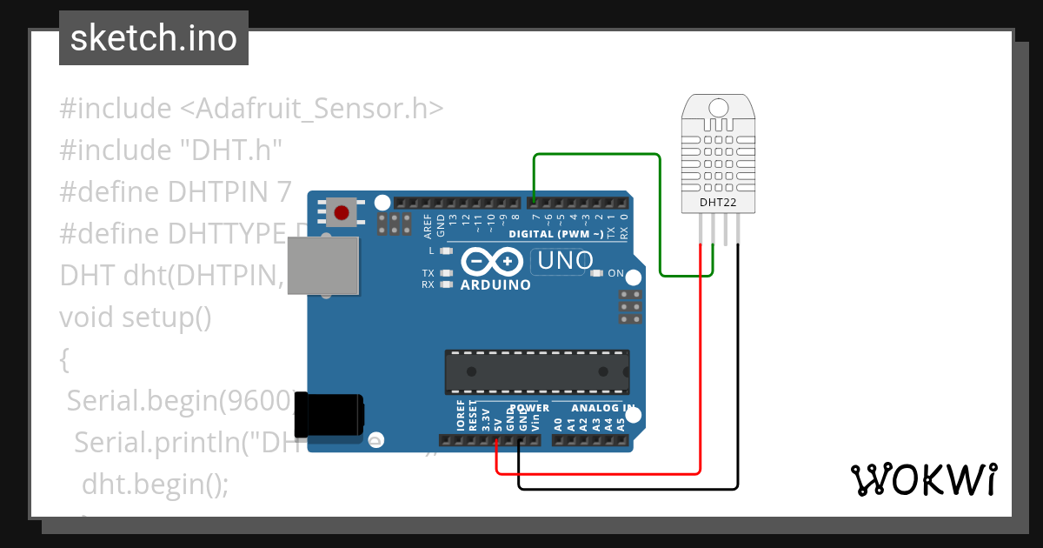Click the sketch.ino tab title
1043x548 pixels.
click(154, 38)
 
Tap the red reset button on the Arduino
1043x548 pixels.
click(342, 212)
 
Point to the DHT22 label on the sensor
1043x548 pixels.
click(717, 204)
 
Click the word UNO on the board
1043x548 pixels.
click(566, 260)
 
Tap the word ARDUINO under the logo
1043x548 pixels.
click(495, 284)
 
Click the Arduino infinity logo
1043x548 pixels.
click(492, 261)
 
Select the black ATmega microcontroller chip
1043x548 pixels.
click(536, 371)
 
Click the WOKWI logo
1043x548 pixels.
click(923, 479)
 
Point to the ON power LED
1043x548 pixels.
click(596, 273)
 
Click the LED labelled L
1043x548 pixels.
click(447, 251)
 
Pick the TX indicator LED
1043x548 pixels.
click(447, 273)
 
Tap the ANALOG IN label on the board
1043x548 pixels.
click(603, 408)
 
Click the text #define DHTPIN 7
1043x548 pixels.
click(175, 192)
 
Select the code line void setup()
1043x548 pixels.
click(136, 317)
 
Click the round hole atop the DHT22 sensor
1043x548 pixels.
click(718, 108)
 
